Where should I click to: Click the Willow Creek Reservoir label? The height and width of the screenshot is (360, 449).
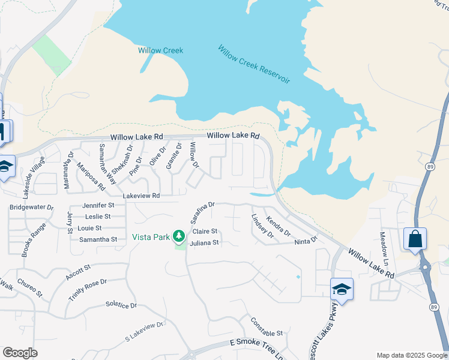254,64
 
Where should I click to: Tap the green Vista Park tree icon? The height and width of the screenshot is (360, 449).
178,236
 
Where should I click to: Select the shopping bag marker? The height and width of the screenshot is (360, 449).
415,239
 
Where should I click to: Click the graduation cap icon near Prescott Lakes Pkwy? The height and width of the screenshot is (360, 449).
342,289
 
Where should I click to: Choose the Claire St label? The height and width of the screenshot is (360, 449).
204,232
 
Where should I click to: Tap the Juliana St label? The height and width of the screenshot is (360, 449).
205,243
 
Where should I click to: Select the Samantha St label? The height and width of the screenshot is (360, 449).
98,239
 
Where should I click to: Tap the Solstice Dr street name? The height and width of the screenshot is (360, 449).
121,305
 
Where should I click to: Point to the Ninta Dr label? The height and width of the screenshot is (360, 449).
306,241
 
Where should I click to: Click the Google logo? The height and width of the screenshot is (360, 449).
20,353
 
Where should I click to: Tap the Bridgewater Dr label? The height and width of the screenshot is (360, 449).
31,208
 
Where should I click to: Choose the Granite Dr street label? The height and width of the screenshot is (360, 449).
174,155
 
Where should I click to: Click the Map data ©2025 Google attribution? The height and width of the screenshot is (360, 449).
411,355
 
